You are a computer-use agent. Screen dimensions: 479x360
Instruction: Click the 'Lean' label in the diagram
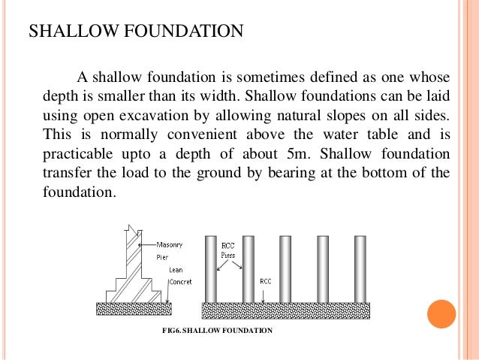pyautogui.click(x=175, y=268)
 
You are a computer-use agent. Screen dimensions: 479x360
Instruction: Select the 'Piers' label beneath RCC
pyautogui.click(x=229, y=255)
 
